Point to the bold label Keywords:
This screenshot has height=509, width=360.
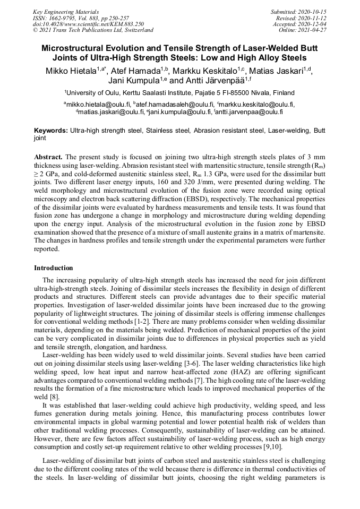coord(51,131)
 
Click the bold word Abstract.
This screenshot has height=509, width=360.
coord(48,158)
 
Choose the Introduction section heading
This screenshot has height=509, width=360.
coord(54,268)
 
